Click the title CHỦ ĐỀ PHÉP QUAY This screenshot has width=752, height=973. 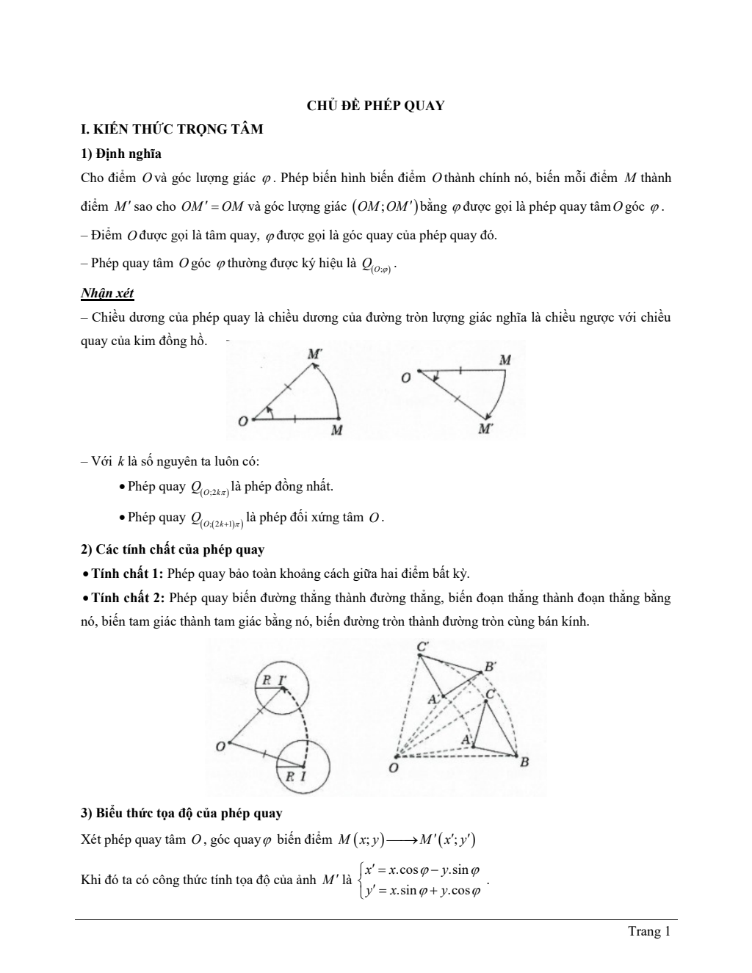[375, 106]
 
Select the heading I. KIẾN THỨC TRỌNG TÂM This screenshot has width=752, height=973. [172, 129]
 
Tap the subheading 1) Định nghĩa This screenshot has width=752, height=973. [121, 153]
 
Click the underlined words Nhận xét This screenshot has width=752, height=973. [107, 293]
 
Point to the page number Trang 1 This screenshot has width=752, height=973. [650, 932]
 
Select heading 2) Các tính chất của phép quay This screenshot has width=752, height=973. [173, 549]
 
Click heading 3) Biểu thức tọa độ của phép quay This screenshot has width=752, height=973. [181, 813]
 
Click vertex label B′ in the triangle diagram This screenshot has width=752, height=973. [490, 667]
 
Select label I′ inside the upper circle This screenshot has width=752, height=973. [282, 680]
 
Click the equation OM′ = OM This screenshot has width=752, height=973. [212, 206]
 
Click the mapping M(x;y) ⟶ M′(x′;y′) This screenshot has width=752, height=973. [408, 840]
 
